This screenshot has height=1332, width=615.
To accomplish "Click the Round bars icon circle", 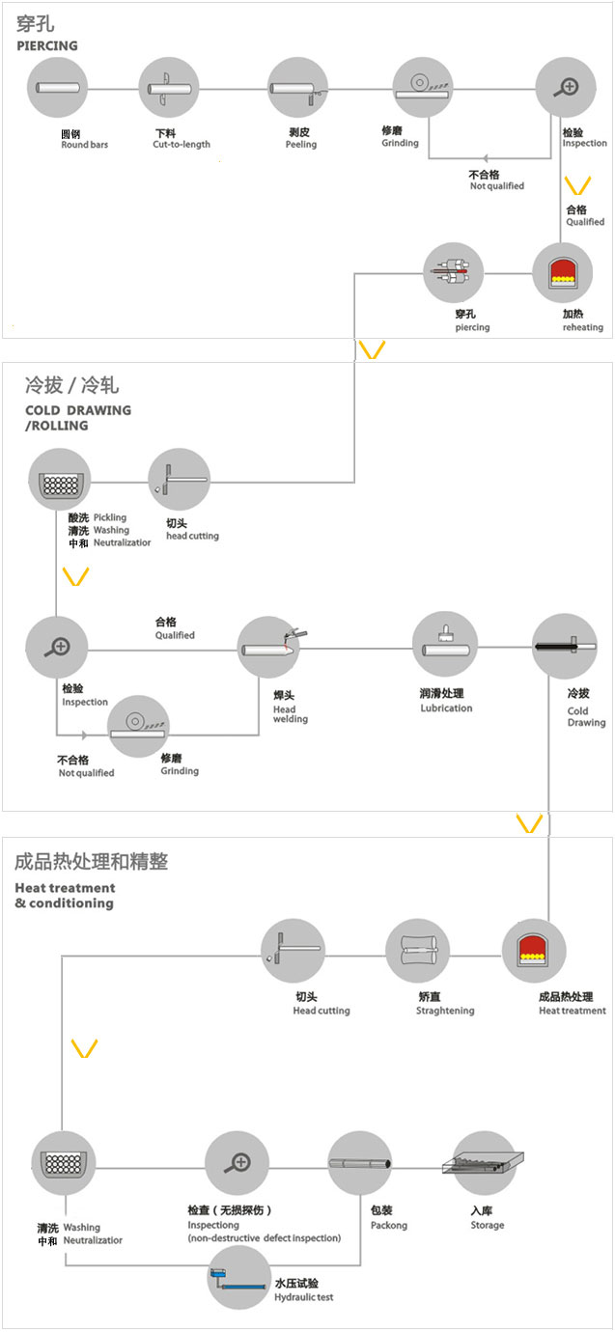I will (57, 89).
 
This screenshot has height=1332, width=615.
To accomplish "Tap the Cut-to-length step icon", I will (170, 89).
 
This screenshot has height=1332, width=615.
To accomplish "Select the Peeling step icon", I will (298, 89).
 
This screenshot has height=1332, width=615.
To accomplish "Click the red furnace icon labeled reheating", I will (563, 273).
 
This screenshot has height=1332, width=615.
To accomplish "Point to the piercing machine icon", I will (454, 273).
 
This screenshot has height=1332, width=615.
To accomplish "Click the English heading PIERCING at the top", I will (47, 46).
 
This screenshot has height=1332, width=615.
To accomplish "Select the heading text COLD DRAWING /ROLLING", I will (77, 418).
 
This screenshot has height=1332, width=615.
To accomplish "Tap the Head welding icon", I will (269, 648).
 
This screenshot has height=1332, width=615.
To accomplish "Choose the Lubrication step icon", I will (445, 643).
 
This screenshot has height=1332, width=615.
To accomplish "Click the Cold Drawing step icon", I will (565, 645).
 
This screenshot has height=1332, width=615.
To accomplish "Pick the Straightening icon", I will (418, 952).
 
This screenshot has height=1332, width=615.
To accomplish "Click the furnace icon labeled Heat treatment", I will (534, 952).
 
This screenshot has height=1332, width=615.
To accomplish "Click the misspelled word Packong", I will (389, 1226).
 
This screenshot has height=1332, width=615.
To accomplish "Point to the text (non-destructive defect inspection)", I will (264, 1238).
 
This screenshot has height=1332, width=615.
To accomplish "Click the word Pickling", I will (109, 518).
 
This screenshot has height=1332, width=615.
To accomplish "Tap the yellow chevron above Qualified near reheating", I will (576, 184).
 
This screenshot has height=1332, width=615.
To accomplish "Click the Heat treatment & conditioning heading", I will (65, 896).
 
